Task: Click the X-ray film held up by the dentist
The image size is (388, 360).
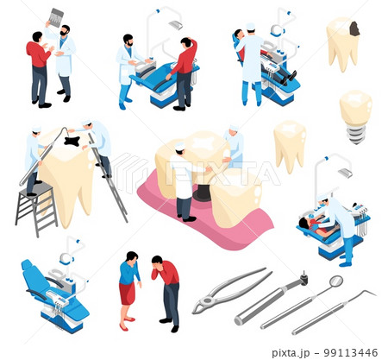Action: tap(56, 17)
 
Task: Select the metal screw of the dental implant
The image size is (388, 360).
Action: tap(356, 134)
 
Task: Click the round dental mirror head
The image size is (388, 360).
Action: tap(336, 281)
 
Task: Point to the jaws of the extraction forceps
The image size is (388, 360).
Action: tap(203, 305)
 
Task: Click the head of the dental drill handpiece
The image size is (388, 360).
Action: tap(304, 278)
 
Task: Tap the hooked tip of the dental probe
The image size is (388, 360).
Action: tap(370, 293)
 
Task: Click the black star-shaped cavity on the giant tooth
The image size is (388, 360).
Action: tap(72, 141)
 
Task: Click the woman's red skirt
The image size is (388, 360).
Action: tap(128, 293)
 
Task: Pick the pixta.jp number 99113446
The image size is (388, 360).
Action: tap(350, 352)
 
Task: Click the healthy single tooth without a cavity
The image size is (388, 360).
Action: tap(290, 146)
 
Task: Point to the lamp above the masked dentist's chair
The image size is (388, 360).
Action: tap(345, 173)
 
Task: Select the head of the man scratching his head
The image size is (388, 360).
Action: tap(186, 42)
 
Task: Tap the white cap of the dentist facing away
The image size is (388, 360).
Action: tap(251, 26)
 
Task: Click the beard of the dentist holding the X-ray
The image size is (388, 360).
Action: tap(64, 34)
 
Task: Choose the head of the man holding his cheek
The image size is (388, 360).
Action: tap(157, 261)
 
